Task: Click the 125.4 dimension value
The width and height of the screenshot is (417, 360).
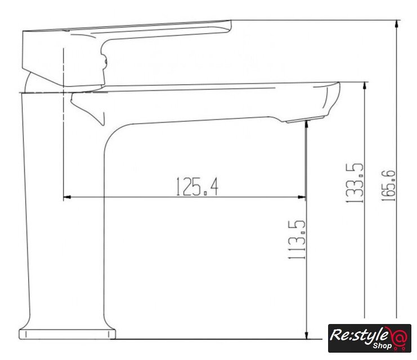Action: pyautogui.click(x=197, y=187)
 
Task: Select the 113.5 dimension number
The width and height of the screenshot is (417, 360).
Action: pyautogui.click(x=297, y=240)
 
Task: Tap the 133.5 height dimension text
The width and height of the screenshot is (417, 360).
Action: pyautogui.click(x=355, y=183)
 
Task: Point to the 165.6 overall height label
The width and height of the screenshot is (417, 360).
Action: pyautogui.click(x=388, y=186)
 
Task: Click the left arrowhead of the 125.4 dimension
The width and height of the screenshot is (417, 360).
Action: pyautogui.click(x=67, y=197)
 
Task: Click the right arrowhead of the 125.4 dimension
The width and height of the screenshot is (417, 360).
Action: pyautogui.click(x=302, y=197)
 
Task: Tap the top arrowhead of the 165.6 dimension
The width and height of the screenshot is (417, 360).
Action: pyautogui.click(x=397, y=24)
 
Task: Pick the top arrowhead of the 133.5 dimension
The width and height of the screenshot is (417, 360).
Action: pyautogui.click(x=365, y=86)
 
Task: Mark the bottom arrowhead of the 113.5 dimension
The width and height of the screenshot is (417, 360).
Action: pyautogui.click(x=307, y=335)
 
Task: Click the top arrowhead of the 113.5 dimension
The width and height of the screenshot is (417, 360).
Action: pyautogui.click(x=306, y=124)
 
